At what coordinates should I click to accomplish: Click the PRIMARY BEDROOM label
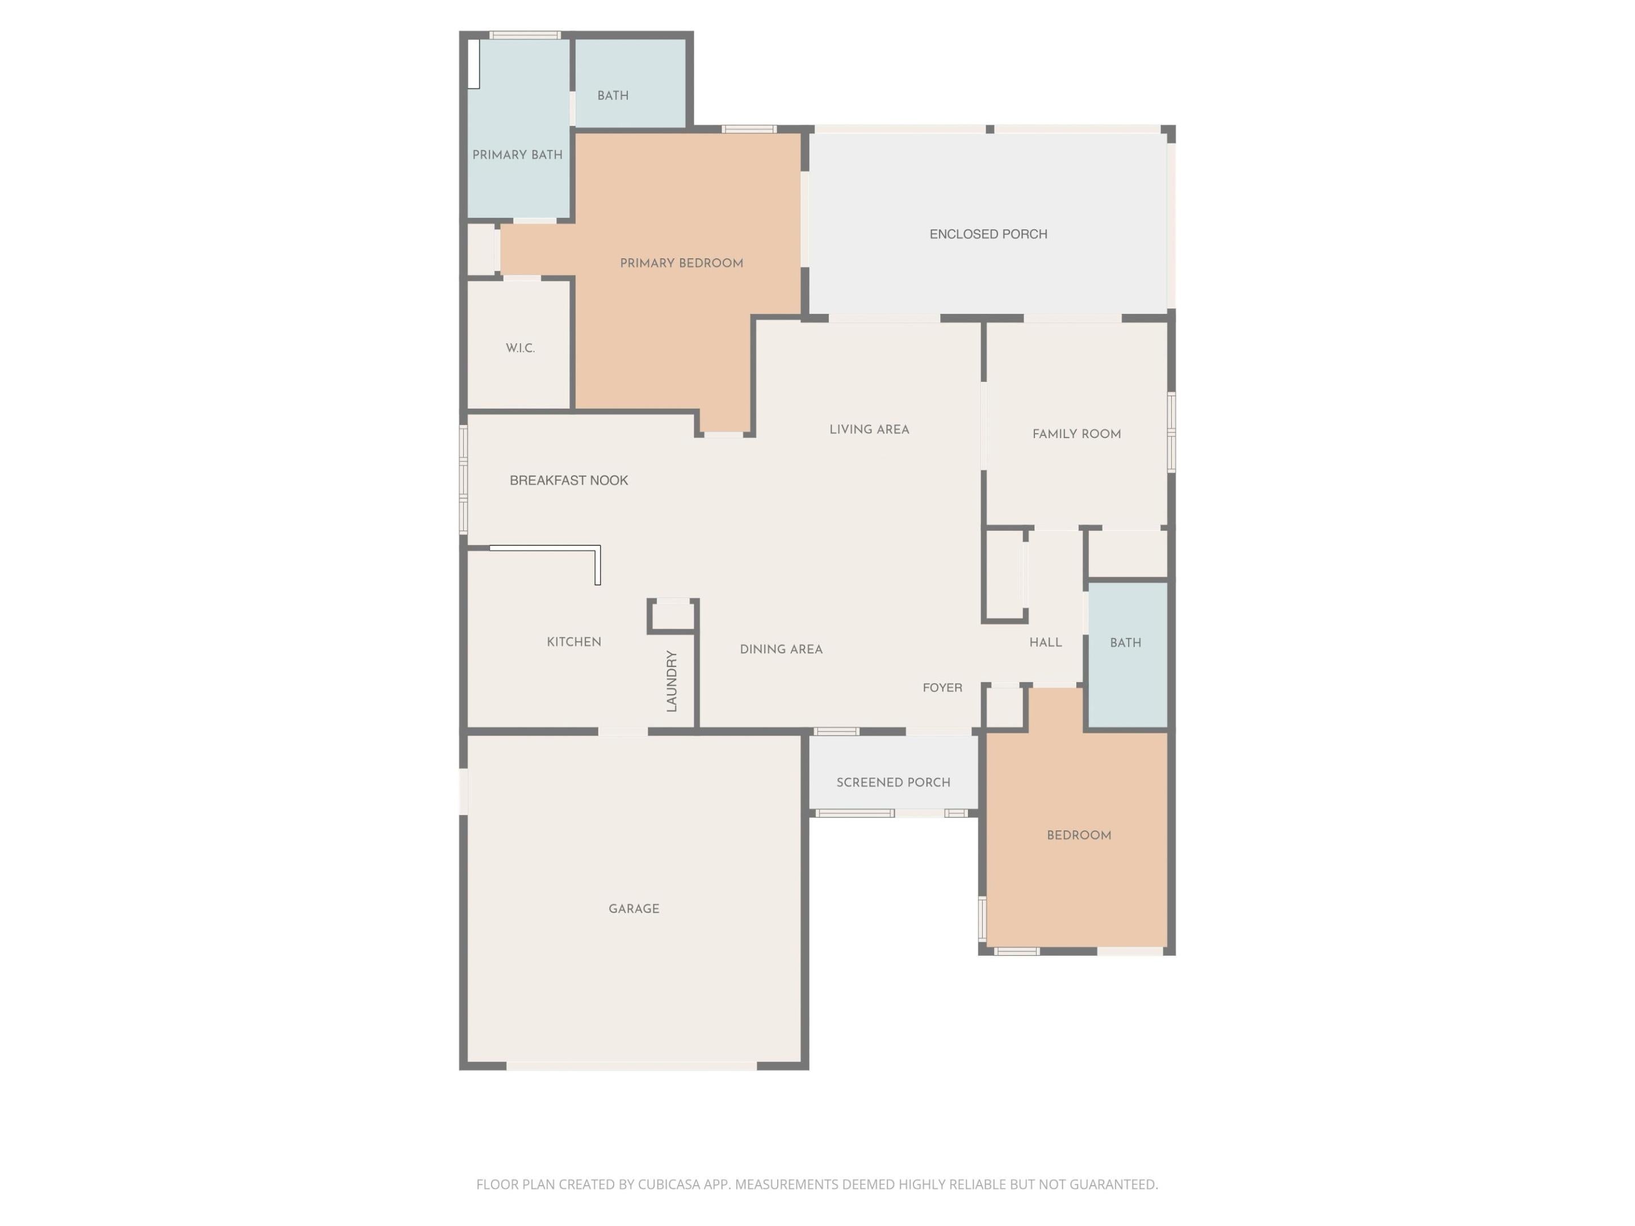click(681, 263)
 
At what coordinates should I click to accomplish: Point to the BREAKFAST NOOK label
click(568, 480)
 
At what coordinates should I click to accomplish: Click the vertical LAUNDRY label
click(671, 681)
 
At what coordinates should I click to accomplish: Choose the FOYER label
click(942, 688)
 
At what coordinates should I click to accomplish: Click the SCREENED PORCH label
click(893, 783)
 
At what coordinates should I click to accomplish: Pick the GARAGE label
click(634, 909)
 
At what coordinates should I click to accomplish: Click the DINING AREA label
click(781, 649)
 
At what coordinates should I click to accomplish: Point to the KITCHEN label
click(573, 642)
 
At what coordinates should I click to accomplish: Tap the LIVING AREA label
click(869, 429)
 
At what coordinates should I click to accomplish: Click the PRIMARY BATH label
click(517, 155)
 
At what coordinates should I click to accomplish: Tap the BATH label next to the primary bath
click(613, 96)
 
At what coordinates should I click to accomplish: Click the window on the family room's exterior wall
click(1171, 433)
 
